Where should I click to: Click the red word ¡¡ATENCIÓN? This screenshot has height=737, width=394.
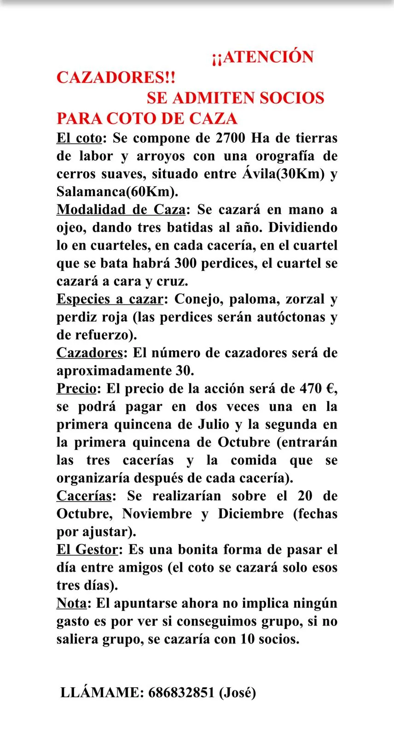(263, 57)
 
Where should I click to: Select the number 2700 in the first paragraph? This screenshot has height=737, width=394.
(231, 138)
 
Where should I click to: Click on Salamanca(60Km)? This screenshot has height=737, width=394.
(117, 192)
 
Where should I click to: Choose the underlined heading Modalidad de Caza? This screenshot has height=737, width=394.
(121, 210)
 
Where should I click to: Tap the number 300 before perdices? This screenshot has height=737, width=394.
(185, 263)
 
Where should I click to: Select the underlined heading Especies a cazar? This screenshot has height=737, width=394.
(110, 299)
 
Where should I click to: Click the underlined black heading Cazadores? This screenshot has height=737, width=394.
(90, 353)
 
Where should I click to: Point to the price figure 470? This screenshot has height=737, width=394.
(311, 389)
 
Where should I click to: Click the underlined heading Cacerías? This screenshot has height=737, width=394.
(84, 496)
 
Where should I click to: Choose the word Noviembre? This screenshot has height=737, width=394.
(157, 514)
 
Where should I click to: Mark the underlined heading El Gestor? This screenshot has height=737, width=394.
(87, 550)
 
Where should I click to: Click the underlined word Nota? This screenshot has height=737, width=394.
(71, 603)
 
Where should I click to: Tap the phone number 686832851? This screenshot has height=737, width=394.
(181, 692)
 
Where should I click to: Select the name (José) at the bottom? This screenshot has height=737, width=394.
(237, 692)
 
